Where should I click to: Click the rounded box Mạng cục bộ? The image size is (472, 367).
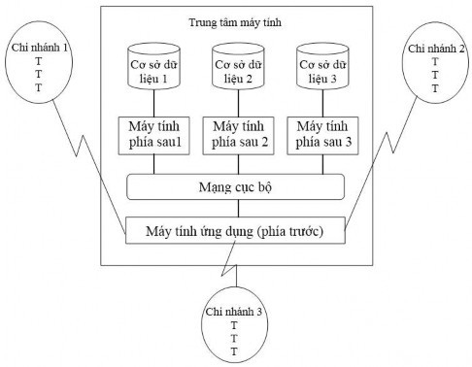(x=236, y=184)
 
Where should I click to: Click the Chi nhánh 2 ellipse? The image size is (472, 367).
(x=434, y=67)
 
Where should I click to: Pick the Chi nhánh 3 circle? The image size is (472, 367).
(x=234, y=323)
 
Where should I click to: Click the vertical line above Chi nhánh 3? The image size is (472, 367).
(x=234, y=278)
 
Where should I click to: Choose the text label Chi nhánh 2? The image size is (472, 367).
(x=434, y=47)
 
